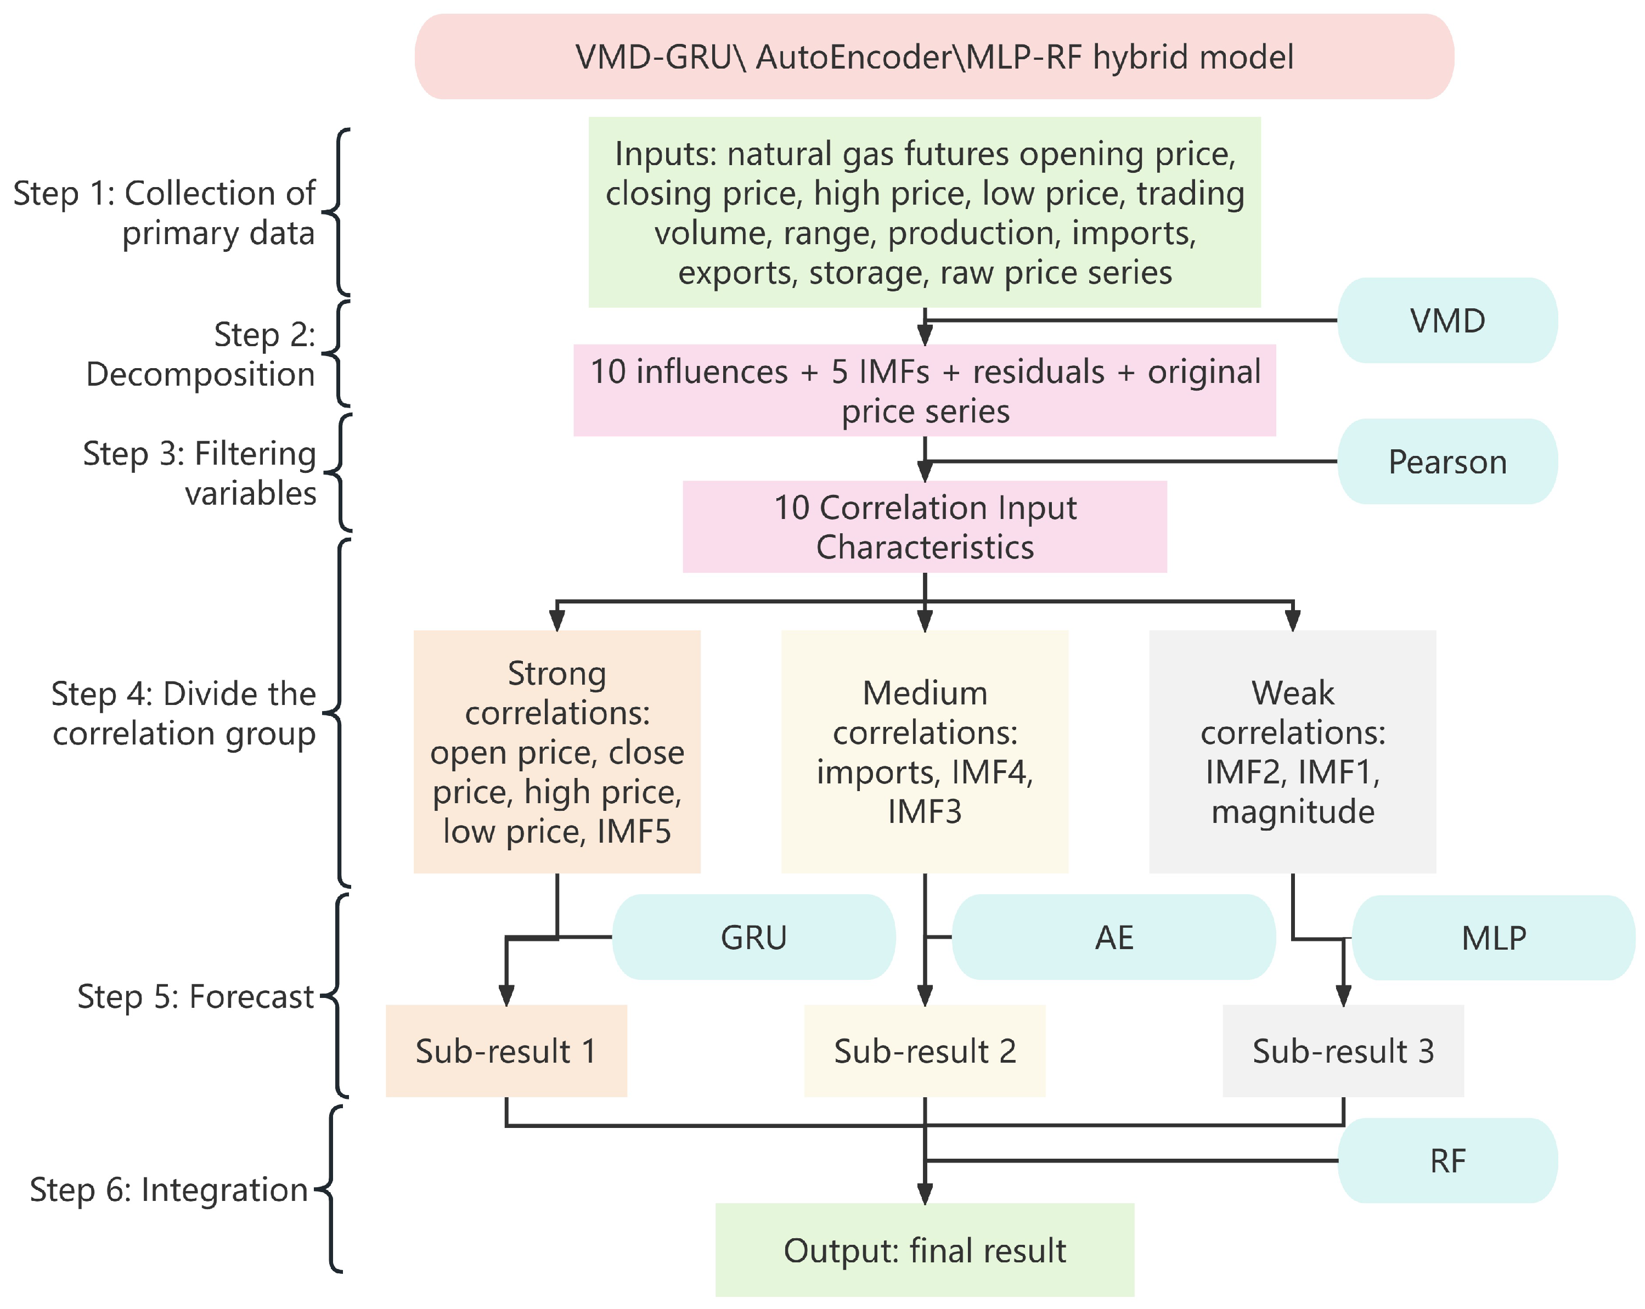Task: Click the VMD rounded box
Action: [1446, 320]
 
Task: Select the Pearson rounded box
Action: [1446, 461]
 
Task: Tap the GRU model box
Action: [753, 936]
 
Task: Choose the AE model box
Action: [1113, 936]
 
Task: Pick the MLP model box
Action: [1493, 938]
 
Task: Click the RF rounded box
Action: [1446, 1160]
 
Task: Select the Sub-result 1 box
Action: [506, 1051]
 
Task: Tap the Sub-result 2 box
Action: [924, 1051]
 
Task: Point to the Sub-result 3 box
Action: [1342, 1051]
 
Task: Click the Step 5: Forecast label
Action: [195, 996]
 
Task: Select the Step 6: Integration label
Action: [168, 1189]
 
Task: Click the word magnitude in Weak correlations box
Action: [1293, 811]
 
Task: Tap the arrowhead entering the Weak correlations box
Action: [1293, 620]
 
